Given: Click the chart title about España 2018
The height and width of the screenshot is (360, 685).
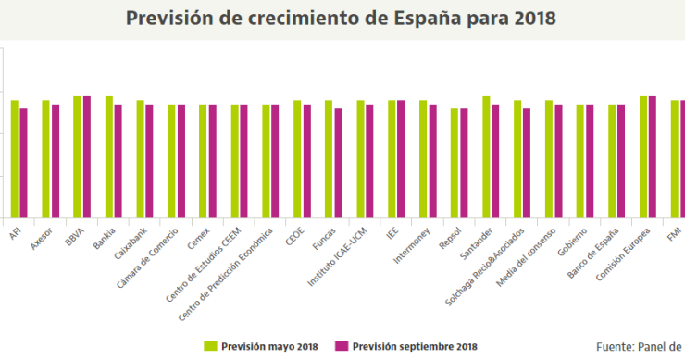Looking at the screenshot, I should click(342, 19).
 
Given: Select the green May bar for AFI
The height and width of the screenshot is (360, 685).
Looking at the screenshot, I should click(15, 158).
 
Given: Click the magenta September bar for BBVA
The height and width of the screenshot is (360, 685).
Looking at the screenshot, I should click(87, 156).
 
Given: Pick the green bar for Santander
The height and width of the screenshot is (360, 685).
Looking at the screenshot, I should click(486, 156).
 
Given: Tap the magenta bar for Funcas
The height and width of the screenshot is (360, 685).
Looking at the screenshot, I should click(338, 163).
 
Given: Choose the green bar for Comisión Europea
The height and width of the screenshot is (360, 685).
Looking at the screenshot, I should click(643, 156).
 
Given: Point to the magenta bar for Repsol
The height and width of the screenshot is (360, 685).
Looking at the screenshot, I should click(464, 163).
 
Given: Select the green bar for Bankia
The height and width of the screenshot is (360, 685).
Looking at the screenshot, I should click(109, 156).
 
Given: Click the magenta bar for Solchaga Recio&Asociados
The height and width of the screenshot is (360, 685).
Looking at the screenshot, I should click(527, 163).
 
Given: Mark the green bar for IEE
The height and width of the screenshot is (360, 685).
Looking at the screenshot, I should click(392, 158).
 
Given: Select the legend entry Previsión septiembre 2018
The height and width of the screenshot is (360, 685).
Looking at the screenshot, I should click(406, 346).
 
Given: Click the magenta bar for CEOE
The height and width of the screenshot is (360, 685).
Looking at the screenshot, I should click(306, 160).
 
